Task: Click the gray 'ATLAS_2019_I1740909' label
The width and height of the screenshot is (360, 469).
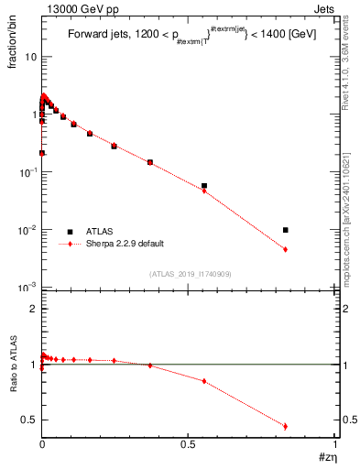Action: [189, 274]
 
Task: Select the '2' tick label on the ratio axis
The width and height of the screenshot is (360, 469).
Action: [33, 309]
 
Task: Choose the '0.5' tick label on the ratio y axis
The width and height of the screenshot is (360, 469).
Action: [28, 420]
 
